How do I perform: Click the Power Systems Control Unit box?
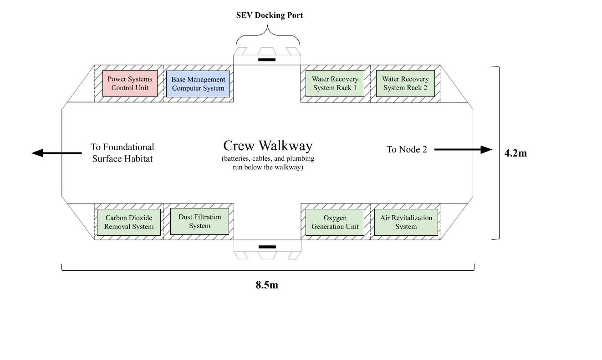pyautogui.click(x=130, y=83)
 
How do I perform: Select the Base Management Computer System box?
pyautogui.click(x=198, y=84)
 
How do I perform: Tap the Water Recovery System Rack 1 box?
pyautogui.click(x=335, y=83)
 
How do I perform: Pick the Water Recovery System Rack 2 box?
pyautogui.click(x=405, y=83)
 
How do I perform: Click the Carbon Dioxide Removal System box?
pyautogui.click(x=129, y=222)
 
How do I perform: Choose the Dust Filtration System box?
pyautogui.click(x=199, y=221)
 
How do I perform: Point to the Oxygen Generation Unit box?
pyautogui.click(x=335, y=222)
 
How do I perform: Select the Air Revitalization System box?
pyautogui.click(x=406, y=222)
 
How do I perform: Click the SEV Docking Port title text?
pyautogui.click(x=269, y=15)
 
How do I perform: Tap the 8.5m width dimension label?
pyautogui.click(x=267, y=285)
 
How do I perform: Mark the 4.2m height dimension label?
pyautogui.click(x=515, y=153)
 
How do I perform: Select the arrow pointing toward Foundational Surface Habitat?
pyautogui.click(x=56, y=153)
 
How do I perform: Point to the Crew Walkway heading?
pyautogui.click(x=268, y=146)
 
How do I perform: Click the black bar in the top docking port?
pyautogui.click(x=267, y=60)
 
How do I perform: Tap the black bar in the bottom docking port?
pyautogui.click(x=267, y=247)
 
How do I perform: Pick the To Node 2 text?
pyautogui.click(x=407, y=149)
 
